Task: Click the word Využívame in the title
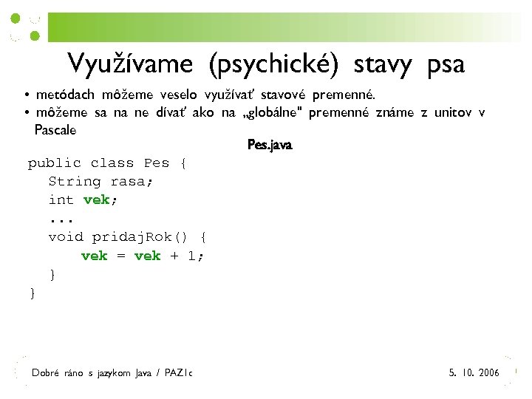pos(129,64)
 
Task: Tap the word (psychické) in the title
pos(273,65)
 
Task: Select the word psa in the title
pos(446,64)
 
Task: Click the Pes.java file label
pos(270,146)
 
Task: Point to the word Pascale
pos(55,130)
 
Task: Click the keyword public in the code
pos(54,163)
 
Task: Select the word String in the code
pos(75,181)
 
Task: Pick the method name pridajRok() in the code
pos(142,237)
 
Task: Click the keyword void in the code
pos(66,237)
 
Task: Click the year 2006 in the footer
pos(488,372)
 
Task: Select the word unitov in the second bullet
pos(452,112)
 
